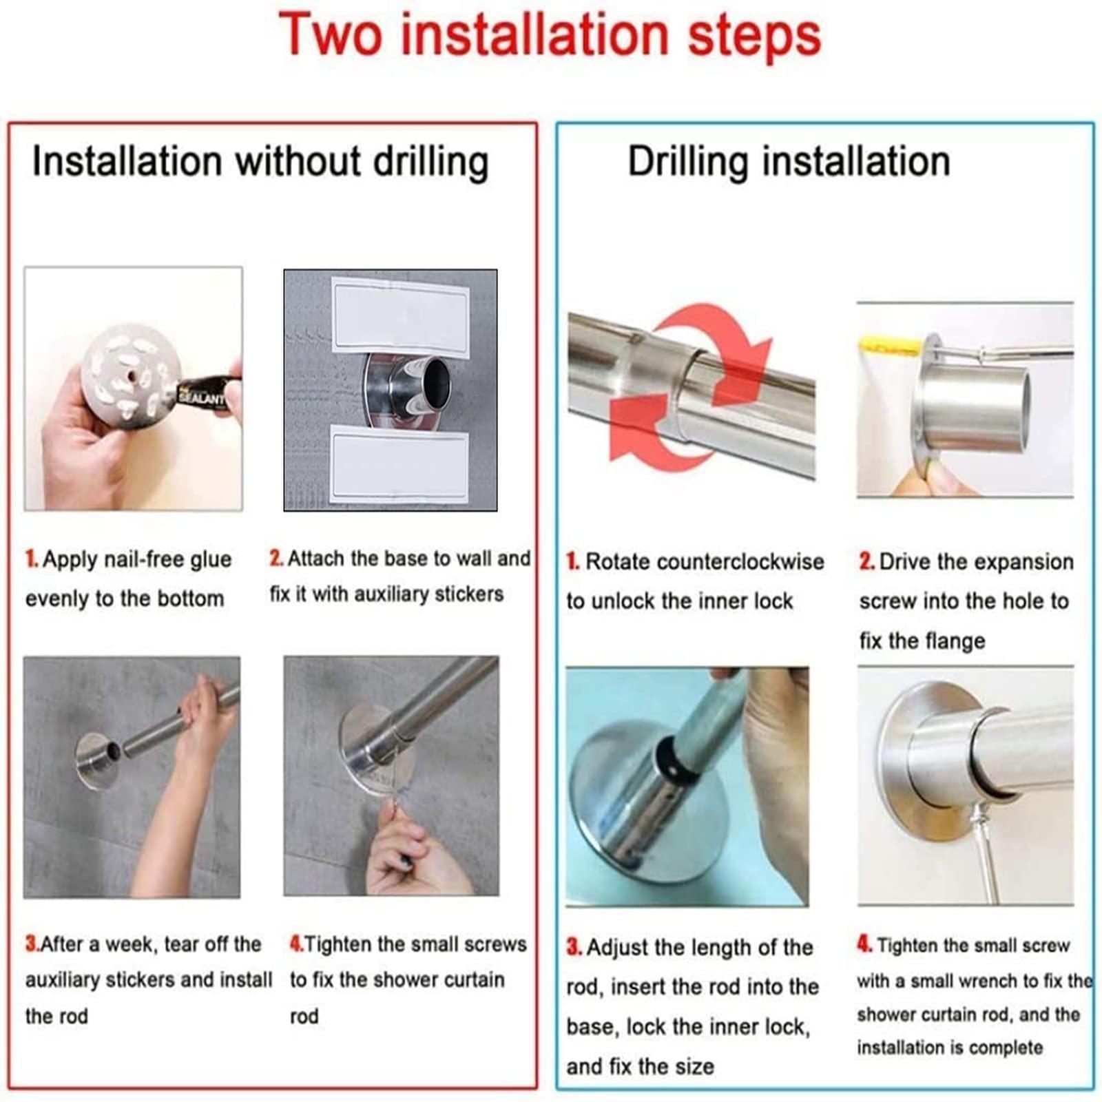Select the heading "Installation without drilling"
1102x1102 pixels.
260,162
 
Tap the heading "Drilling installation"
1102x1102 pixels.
789,162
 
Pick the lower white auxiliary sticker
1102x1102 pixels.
400,463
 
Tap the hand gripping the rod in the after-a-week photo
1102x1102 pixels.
204,723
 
